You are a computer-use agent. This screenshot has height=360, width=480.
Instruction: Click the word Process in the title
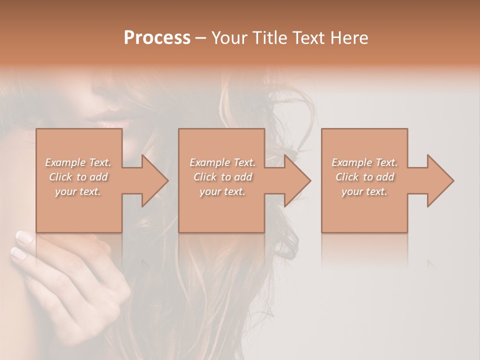pos(157,38)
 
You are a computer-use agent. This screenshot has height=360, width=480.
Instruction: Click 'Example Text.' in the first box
pos(78,162)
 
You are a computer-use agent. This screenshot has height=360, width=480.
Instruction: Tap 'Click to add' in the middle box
pos(222,177)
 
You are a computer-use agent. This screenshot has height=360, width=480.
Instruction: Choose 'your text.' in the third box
pos(364,191)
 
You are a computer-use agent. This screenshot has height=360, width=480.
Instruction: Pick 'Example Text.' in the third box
pos(364,162)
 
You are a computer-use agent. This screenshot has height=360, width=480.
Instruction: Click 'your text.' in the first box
pos(78,191)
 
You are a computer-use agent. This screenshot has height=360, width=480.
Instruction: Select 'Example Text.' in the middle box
pos(222,162)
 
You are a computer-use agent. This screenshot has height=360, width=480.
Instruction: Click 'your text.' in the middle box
pos(222,191)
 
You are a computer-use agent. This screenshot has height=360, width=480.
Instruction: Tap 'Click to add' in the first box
pos(78,177)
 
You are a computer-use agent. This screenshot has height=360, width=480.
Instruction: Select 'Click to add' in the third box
pos(364,177)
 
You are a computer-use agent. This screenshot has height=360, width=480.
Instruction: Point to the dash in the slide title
pos(200,38)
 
